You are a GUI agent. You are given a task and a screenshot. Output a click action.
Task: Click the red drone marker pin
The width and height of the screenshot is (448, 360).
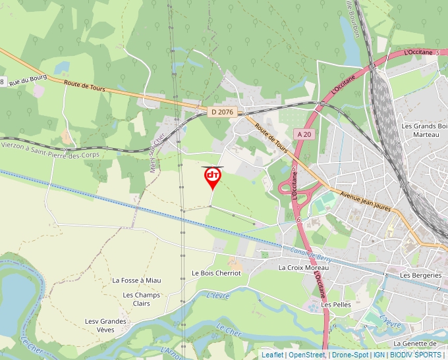click(212, 177)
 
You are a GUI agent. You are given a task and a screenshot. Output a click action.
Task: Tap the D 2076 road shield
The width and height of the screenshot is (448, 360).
click(223, 112)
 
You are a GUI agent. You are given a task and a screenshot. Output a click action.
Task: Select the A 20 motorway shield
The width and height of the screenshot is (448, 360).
click(304, 134)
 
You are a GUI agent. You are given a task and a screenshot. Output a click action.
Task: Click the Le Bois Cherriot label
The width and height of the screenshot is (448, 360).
click(212, 272)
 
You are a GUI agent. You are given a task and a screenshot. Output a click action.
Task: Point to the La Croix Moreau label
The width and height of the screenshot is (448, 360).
click(304, 268)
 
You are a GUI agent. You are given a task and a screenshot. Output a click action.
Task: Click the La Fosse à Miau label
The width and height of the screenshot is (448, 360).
click(136, 280)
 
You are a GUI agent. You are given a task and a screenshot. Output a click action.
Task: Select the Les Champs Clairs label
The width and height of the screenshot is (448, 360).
click(142, 299)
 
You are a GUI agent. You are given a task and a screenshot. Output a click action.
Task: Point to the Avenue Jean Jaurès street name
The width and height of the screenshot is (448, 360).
click(365, 201)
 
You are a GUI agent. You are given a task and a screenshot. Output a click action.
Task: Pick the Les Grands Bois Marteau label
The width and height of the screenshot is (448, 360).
click(424, 130)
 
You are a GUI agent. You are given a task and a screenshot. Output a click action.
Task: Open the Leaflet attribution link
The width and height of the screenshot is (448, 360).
click(272, 355)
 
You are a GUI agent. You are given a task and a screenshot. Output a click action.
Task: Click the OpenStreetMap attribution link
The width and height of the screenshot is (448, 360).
click(307, 355)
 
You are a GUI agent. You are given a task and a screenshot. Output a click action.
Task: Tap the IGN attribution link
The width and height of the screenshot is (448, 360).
click(379, 355)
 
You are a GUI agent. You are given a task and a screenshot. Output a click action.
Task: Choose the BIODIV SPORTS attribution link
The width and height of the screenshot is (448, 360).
click(415, 355)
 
